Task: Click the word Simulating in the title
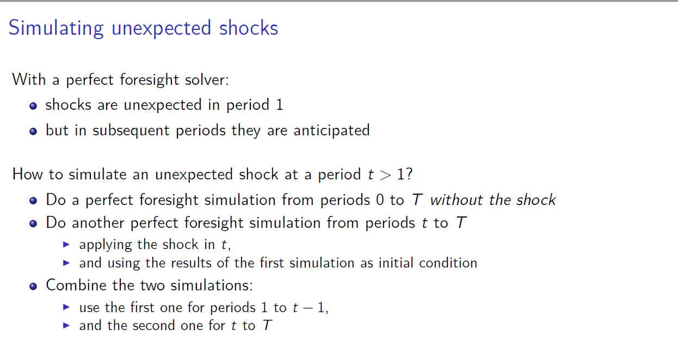[x=56, y=28]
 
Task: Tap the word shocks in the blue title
[x=249, y=28]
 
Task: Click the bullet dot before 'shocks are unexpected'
[x=33, y=106]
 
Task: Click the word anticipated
[x=331, y=131]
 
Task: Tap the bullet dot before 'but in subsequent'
[x=33, y=131]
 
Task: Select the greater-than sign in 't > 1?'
[x=385, y=175]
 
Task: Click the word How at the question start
[x=28, y=174]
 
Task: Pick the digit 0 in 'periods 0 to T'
[x=380, y=200]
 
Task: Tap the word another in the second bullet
[x=98, y=223]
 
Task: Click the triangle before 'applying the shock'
[x=66, y=244]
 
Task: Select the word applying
[x=106, y=245]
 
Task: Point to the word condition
[x=448, y=263]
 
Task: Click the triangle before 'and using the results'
[x=66, y=263]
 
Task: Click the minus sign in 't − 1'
[x=307, y=308]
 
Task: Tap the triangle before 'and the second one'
[x=66, y=326]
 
